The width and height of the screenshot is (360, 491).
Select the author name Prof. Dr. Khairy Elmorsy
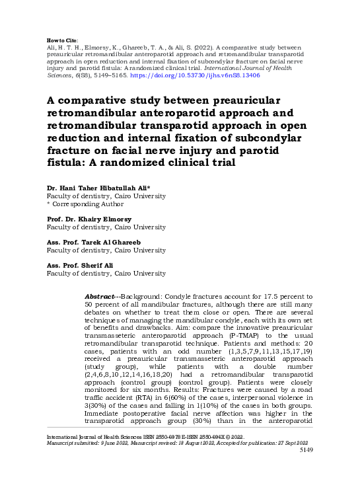click(x=89, y=219)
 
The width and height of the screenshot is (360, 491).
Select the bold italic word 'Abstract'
click(x=100, y=298)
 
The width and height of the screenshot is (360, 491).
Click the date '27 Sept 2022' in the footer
click(x=293, y=461)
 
